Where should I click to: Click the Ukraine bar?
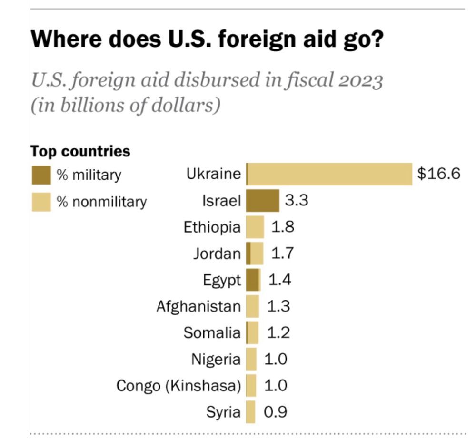329,174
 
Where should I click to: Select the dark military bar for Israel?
263,200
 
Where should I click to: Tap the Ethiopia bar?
255,227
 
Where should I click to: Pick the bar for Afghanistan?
253,306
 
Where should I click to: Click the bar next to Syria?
251,412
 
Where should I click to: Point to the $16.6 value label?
438,174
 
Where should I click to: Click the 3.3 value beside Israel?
297,200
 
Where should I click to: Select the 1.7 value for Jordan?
282,254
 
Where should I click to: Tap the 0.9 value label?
276,412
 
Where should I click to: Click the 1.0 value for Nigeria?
276,359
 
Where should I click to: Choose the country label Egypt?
222,280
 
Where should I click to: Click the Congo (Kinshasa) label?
179,386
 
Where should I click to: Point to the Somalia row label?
212,333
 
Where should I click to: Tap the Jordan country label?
217,254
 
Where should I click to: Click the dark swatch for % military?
41,175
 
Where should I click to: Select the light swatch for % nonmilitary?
41,202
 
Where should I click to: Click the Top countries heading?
80,151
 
